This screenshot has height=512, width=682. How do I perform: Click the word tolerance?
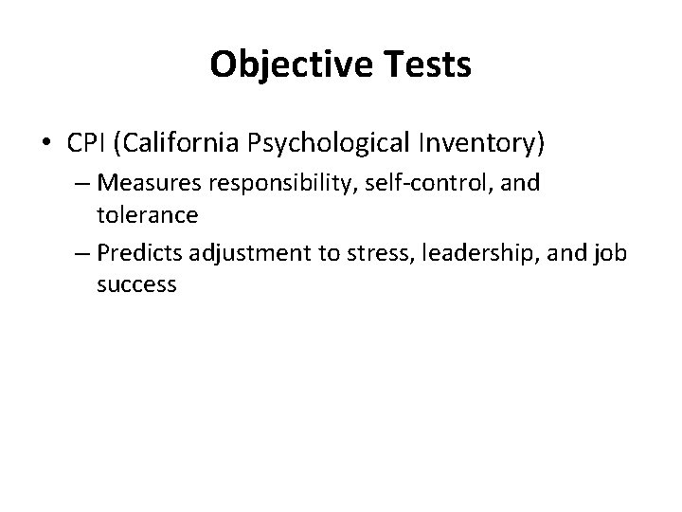(x=147, y=214)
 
